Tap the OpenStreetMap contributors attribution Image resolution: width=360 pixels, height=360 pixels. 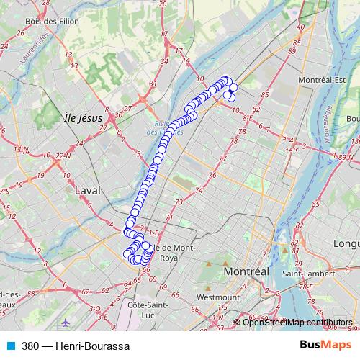[297, 322]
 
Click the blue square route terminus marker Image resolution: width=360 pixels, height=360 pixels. [130, 225]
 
